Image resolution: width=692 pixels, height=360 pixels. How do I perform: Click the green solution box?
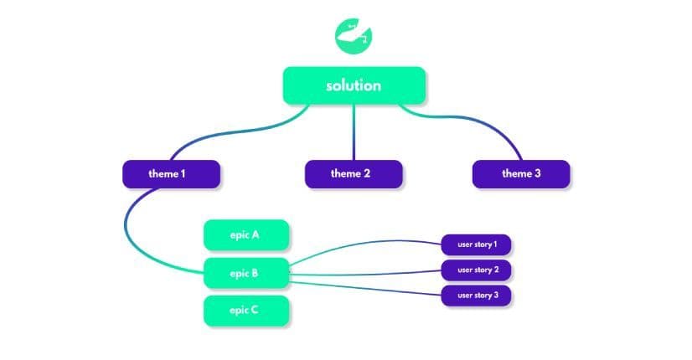pos(354,85)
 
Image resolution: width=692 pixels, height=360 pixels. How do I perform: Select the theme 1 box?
pos(171,174)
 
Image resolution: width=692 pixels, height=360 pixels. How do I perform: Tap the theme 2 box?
pos(354,174)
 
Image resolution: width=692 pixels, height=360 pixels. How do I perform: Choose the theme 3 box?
pos(521,174)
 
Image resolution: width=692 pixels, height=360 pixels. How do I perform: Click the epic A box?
pos(246,235)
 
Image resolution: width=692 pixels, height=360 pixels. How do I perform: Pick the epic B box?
pos(246,273)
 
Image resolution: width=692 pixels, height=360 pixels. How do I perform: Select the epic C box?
pos(246,311)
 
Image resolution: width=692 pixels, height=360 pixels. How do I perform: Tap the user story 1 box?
pos(477,245)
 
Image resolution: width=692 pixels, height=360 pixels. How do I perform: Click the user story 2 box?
pos(477,270)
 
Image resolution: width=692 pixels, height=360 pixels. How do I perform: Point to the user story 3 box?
pos(477,296)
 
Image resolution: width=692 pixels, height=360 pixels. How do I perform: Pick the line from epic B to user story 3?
pos(369,285)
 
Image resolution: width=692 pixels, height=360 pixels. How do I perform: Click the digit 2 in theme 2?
pos(367,174)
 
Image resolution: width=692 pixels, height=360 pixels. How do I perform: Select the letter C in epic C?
pos(255,311)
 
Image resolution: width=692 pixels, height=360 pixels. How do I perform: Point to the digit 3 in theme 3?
pos(537,174)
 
